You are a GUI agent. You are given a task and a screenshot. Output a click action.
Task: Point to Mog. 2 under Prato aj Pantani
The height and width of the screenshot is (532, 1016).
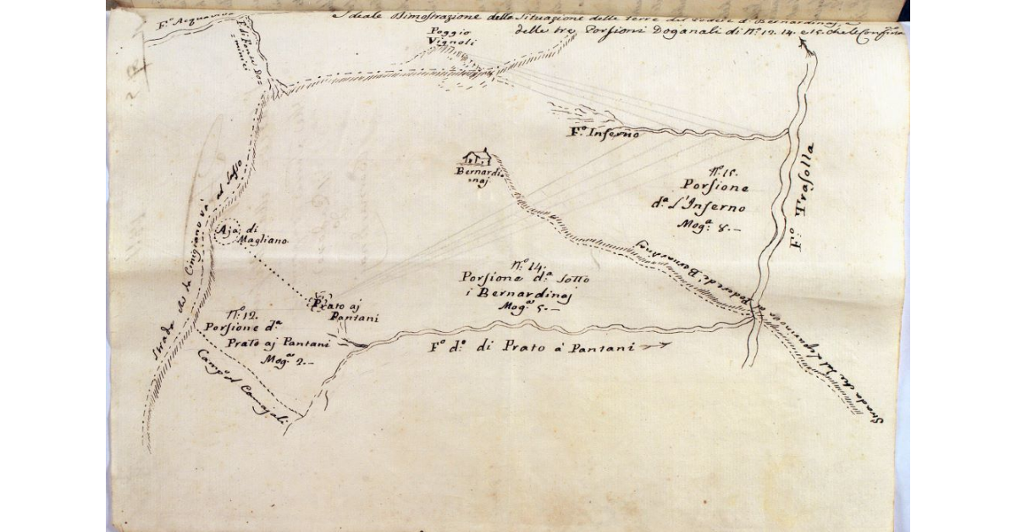286,360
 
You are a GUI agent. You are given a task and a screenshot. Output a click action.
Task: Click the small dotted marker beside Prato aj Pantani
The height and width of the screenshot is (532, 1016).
316,302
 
